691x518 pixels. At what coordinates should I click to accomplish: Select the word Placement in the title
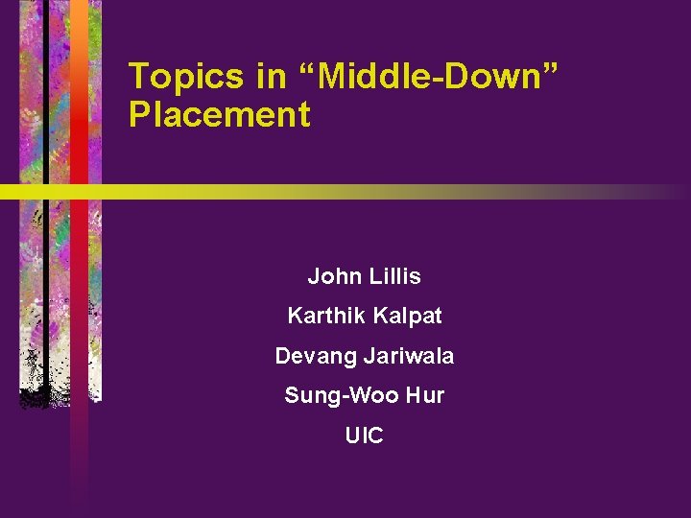[x=219, y=115]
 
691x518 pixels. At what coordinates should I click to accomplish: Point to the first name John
[x=330, y=276]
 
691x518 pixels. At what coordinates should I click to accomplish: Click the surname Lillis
[x=392, y=276]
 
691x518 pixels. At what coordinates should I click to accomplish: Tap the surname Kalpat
[x=406, y=315]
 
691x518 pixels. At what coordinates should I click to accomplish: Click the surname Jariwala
[x=409, y=356]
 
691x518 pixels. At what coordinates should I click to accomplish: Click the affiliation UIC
[x=365, y=436]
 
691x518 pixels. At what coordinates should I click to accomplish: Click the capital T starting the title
[x=138, y=76]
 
